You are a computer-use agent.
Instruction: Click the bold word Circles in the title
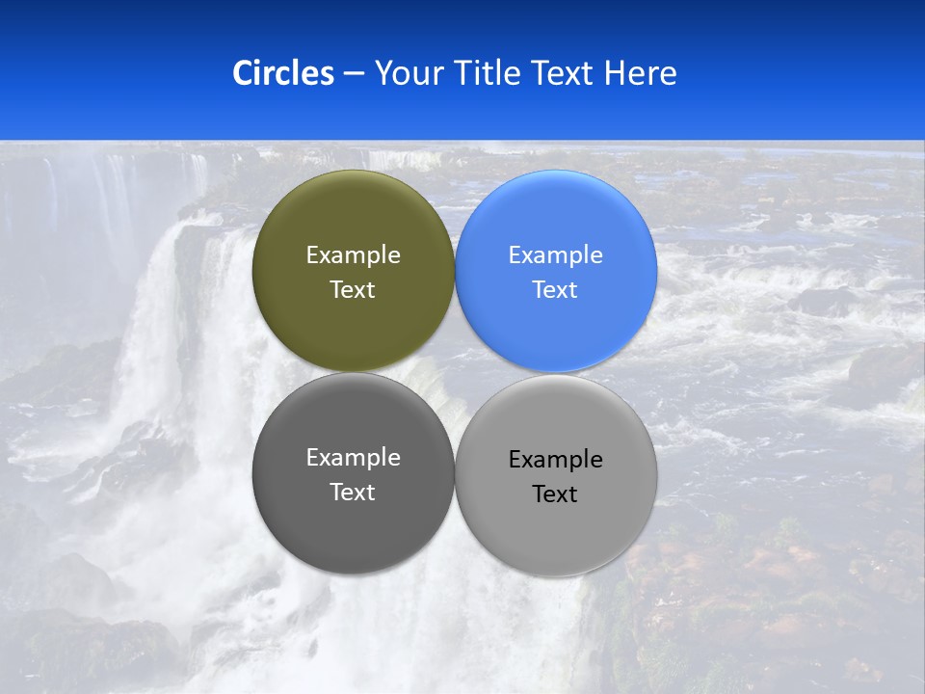click(x=283, y=73)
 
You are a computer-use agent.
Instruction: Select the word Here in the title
click(x=641, y=73)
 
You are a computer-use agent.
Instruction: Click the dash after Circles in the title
click(x=354, y=74)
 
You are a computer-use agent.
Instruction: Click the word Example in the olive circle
click(x=353, y=255)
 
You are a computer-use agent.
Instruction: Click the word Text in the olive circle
click(x=353, y=290)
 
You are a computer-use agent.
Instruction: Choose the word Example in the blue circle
click(x=556, y=255)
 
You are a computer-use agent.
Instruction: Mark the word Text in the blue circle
click(x=556, y=290)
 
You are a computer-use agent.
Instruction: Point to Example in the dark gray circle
click(x=353, y=458)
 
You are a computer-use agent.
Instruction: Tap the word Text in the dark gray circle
click(x=353, y=493)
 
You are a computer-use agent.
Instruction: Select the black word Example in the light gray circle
click(x=556, y=460)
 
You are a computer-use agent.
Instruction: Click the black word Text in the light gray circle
click(x=556, y=494)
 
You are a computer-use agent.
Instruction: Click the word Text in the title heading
click(x=564, y=73)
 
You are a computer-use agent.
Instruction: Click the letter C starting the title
click(x=242, y=73)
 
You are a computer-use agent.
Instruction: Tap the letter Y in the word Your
click(x=383, y=73)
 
